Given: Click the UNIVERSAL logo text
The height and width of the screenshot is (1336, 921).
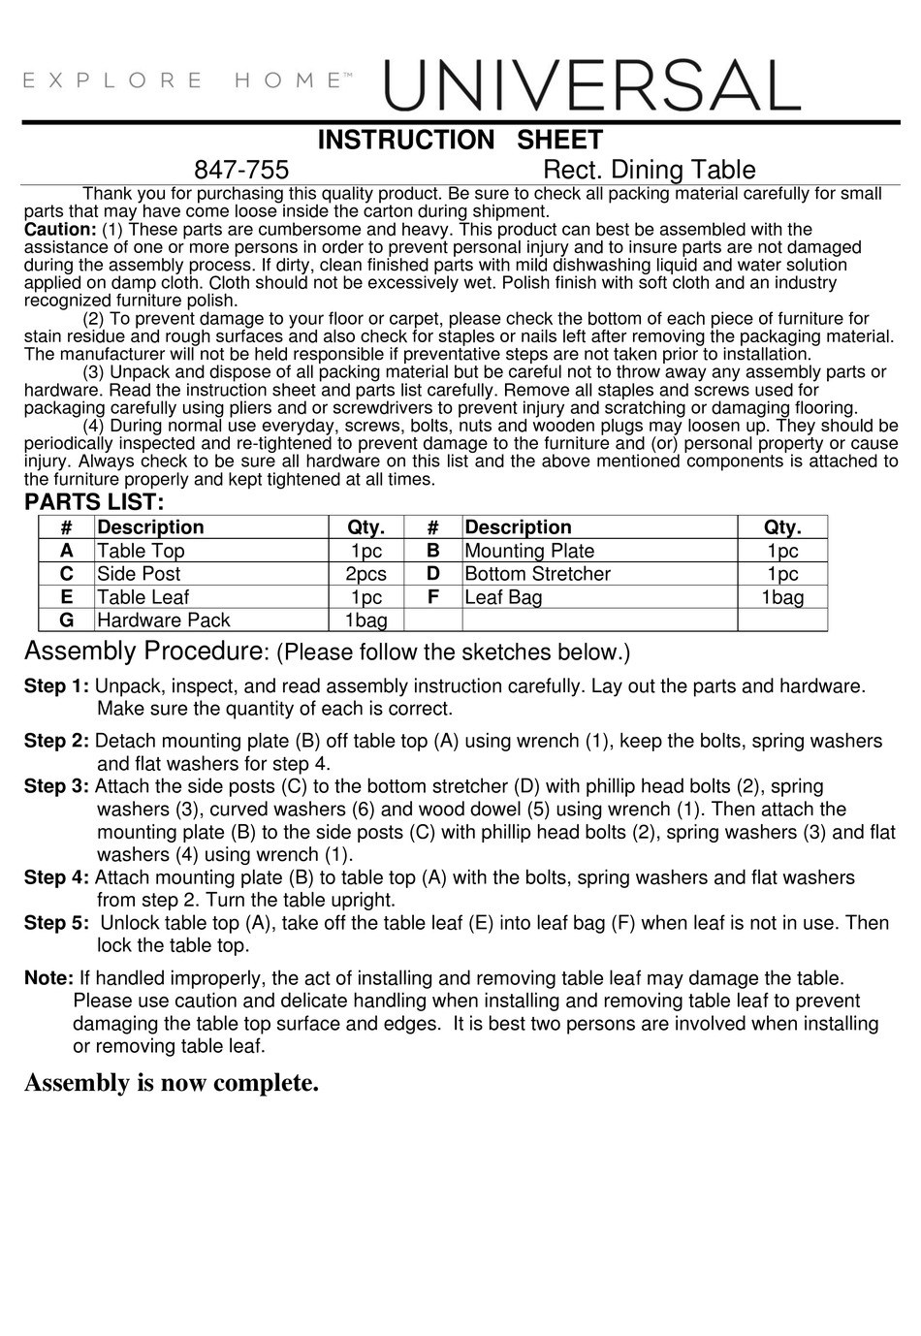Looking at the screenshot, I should (x=592, y=84).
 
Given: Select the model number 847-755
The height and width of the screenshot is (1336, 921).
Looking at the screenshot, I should (x=241, y=170).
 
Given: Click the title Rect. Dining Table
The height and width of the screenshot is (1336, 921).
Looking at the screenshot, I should (x=649, y=170).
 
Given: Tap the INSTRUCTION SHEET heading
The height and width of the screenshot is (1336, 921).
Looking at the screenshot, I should (x=460, y=141).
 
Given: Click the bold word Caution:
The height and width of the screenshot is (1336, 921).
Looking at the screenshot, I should (x=59, y=230).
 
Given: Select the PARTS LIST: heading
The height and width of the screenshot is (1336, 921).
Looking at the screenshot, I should (x=94, y=502).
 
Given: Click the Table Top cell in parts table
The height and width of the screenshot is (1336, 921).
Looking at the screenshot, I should (x=141, y=551).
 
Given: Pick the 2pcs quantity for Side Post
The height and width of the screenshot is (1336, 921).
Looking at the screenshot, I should (x=365, y=574).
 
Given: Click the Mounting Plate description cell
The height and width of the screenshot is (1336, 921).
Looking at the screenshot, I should (x=529, y=551).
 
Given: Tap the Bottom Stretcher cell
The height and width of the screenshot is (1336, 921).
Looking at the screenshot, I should (x=537, y=574).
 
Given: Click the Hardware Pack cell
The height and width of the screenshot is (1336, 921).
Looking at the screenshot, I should (x=163, y=620).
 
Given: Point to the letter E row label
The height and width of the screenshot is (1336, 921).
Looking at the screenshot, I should (x=66, y=597).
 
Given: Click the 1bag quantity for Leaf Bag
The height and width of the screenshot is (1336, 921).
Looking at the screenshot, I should (x=781, y=597).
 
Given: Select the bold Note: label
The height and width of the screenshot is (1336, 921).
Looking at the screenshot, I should (x=48, y=978).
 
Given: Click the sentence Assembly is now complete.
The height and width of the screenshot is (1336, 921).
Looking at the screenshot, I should (x=172, y=1083).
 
